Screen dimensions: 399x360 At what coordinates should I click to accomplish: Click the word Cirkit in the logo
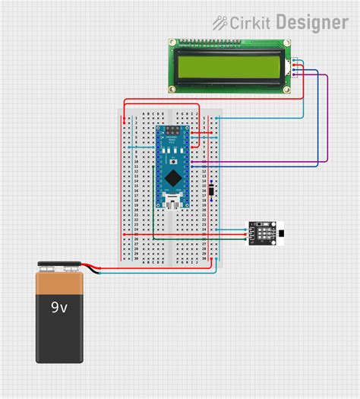pos(250,23)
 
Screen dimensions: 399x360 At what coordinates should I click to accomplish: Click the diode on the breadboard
pos(213,190)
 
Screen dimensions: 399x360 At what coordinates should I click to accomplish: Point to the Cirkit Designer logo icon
pos(220,23)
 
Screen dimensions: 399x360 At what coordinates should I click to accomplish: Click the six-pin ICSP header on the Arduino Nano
pos(175,134)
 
